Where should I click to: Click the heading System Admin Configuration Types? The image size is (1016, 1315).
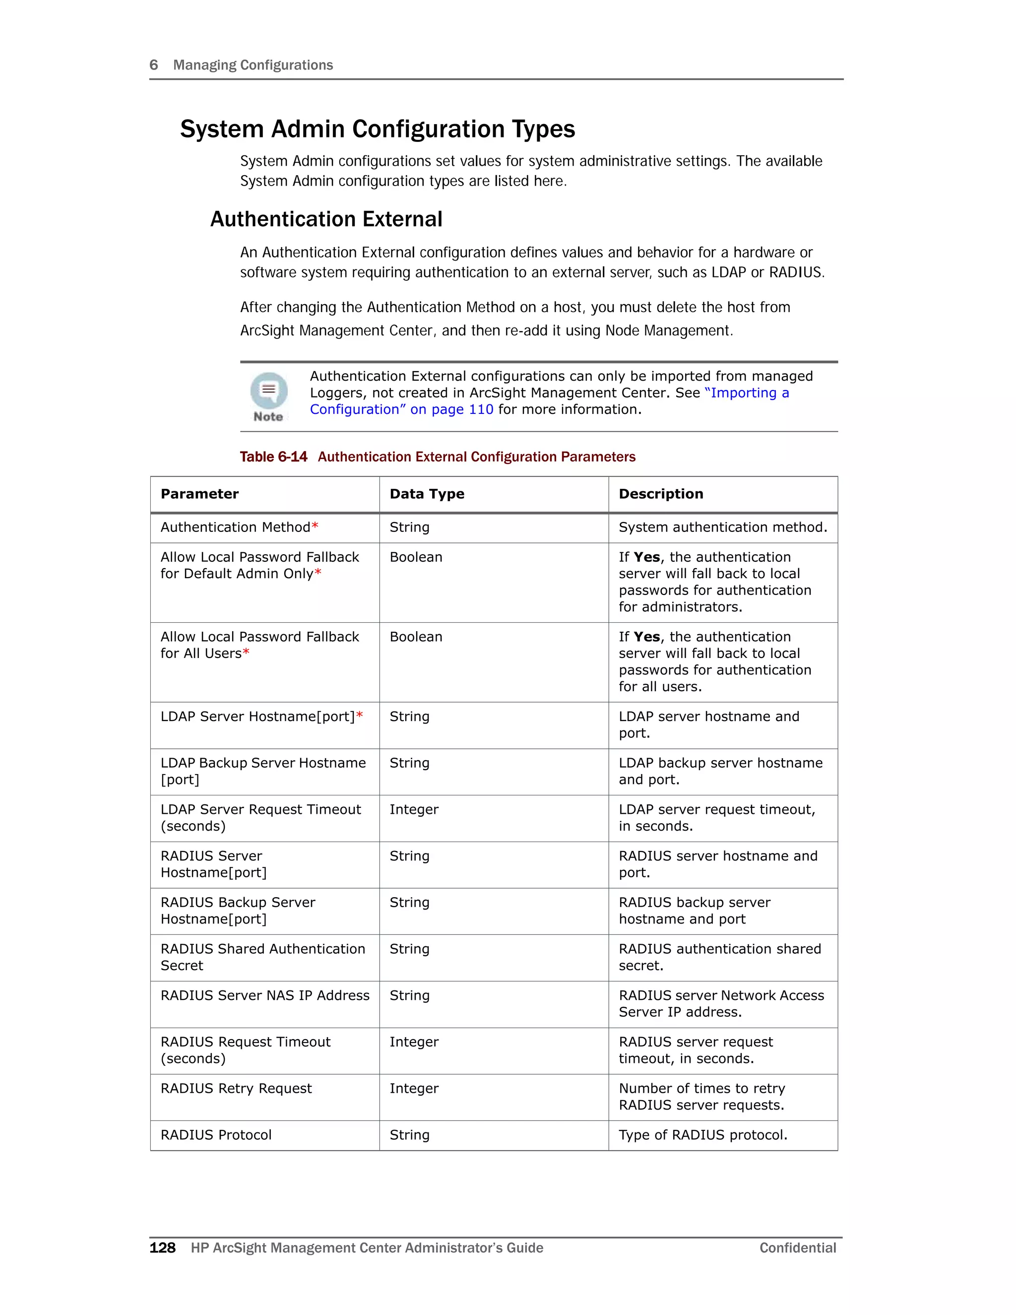pyautogui.click(x=378, y=129)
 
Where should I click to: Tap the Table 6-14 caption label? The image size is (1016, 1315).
pyautogui.click(x=273, y=457)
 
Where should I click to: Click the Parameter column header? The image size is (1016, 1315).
pyautogui.click(x=199, y=494)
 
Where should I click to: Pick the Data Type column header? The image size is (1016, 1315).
pyautogui.click(x=427, y=494)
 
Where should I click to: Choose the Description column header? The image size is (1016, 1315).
pyautogui.click(x=660, y=494)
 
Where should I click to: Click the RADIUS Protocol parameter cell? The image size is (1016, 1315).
pyautogui.click(x=216, y=1135)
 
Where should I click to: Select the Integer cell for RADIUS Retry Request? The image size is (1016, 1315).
pyautogui.click(x=414, y=1089)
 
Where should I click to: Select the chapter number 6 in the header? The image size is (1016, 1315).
pyautogui.click(x=153, y=65)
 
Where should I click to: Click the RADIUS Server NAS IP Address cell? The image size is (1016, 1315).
pyautogui.click(x=265, y=996)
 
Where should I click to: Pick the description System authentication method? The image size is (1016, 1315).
pyautogui.click(x=722, y=527)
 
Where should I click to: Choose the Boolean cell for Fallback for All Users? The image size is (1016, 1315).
pyautogui.click(x=415, y=637)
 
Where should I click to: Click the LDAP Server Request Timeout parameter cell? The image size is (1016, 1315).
pyautogui.click(x=260, y=818)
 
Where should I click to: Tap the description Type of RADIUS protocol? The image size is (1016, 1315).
pyautogui.click(x=702, y=1135)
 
